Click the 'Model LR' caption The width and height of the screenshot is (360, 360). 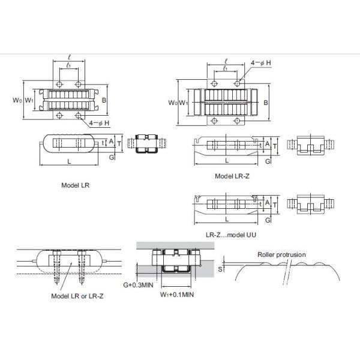pos(76,185)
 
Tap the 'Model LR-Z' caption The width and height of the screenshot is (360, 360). pos(232,176)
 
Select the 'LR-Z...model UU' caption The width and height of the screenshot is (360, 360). pos(231,235)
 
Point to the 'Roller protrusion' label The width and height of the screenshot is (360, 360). pos(281,254)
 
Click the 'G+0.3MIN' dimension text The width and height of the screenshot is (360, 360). pos(138,285)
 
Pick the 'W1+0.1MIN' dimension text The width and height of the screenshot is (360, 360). pos(177,295)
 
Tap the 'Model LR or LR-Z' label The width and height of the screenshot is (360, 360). pos(77,296)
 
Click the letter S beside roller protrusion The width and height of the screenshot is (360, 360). pos(220,269)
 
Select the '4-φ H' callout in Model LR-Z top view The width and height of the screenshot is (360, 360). pos(261,62)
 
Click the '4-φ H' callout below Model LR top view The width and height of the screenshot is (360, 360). pos(99,123)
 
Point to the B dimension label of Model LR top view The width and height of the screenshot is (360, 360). pos(104,100)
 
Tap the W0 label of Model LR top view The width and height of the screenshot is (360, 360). pos(17,100)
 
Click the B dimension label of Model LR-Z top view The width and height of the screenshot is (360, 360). pos(266,103)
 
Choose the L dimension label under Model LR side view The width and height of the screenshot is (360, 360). pos(69,161)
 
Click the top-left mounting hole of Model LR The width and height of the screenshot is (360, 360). pos(59,84)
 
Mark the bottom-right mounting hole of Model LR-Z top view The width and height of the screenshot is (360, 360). pos(238,121)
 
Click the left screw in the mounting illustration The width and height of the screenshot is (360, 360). pos(57,267)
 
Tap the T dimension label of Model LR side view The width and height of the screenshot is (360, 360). pos(119,144)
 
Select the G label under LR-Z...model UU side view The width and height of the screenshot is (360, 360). pos(268,220)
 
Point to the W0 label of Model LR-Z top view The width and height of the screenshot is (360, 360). pos(173,103)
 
